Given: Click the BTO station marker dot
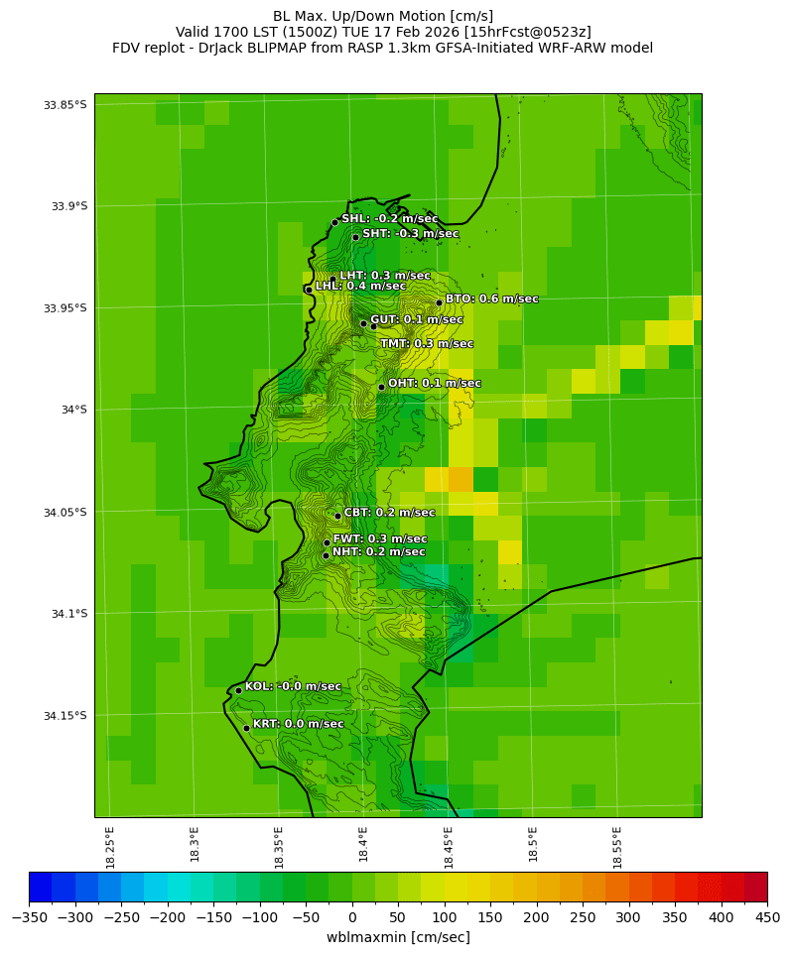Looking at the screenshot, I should click(439, 302).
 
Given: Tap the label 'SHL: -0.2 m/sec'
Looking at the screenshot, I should click(389, 218).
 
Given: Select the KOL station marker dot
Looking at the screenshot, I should click(238, 690).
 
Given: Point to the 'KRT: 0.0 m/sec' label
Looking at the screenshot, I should click(298, 724).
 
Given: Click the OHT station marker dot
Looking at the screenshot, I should click(381, 387).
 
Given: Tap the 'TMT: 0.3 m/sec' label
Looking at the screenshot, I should click(427, 343).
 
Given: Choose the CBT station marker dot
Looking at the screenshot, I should click(337, 516).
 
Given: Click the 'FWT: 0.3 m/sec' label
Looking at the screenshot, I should click(380, 538).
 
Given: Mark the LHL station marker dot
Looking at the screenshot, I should click(309, 290).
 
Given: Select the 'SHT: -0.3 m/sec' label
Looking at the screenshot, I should click(410, 233).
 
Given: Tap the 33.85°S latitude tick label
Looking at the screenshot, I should click(65, 105).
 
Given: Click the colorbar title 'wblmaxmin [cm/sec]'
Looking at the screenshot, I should click(398, 937).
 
